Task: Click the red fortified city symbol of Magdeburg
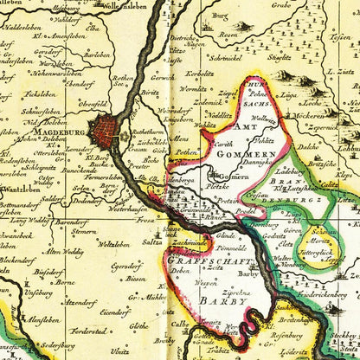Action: click(x=108, y=132)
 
